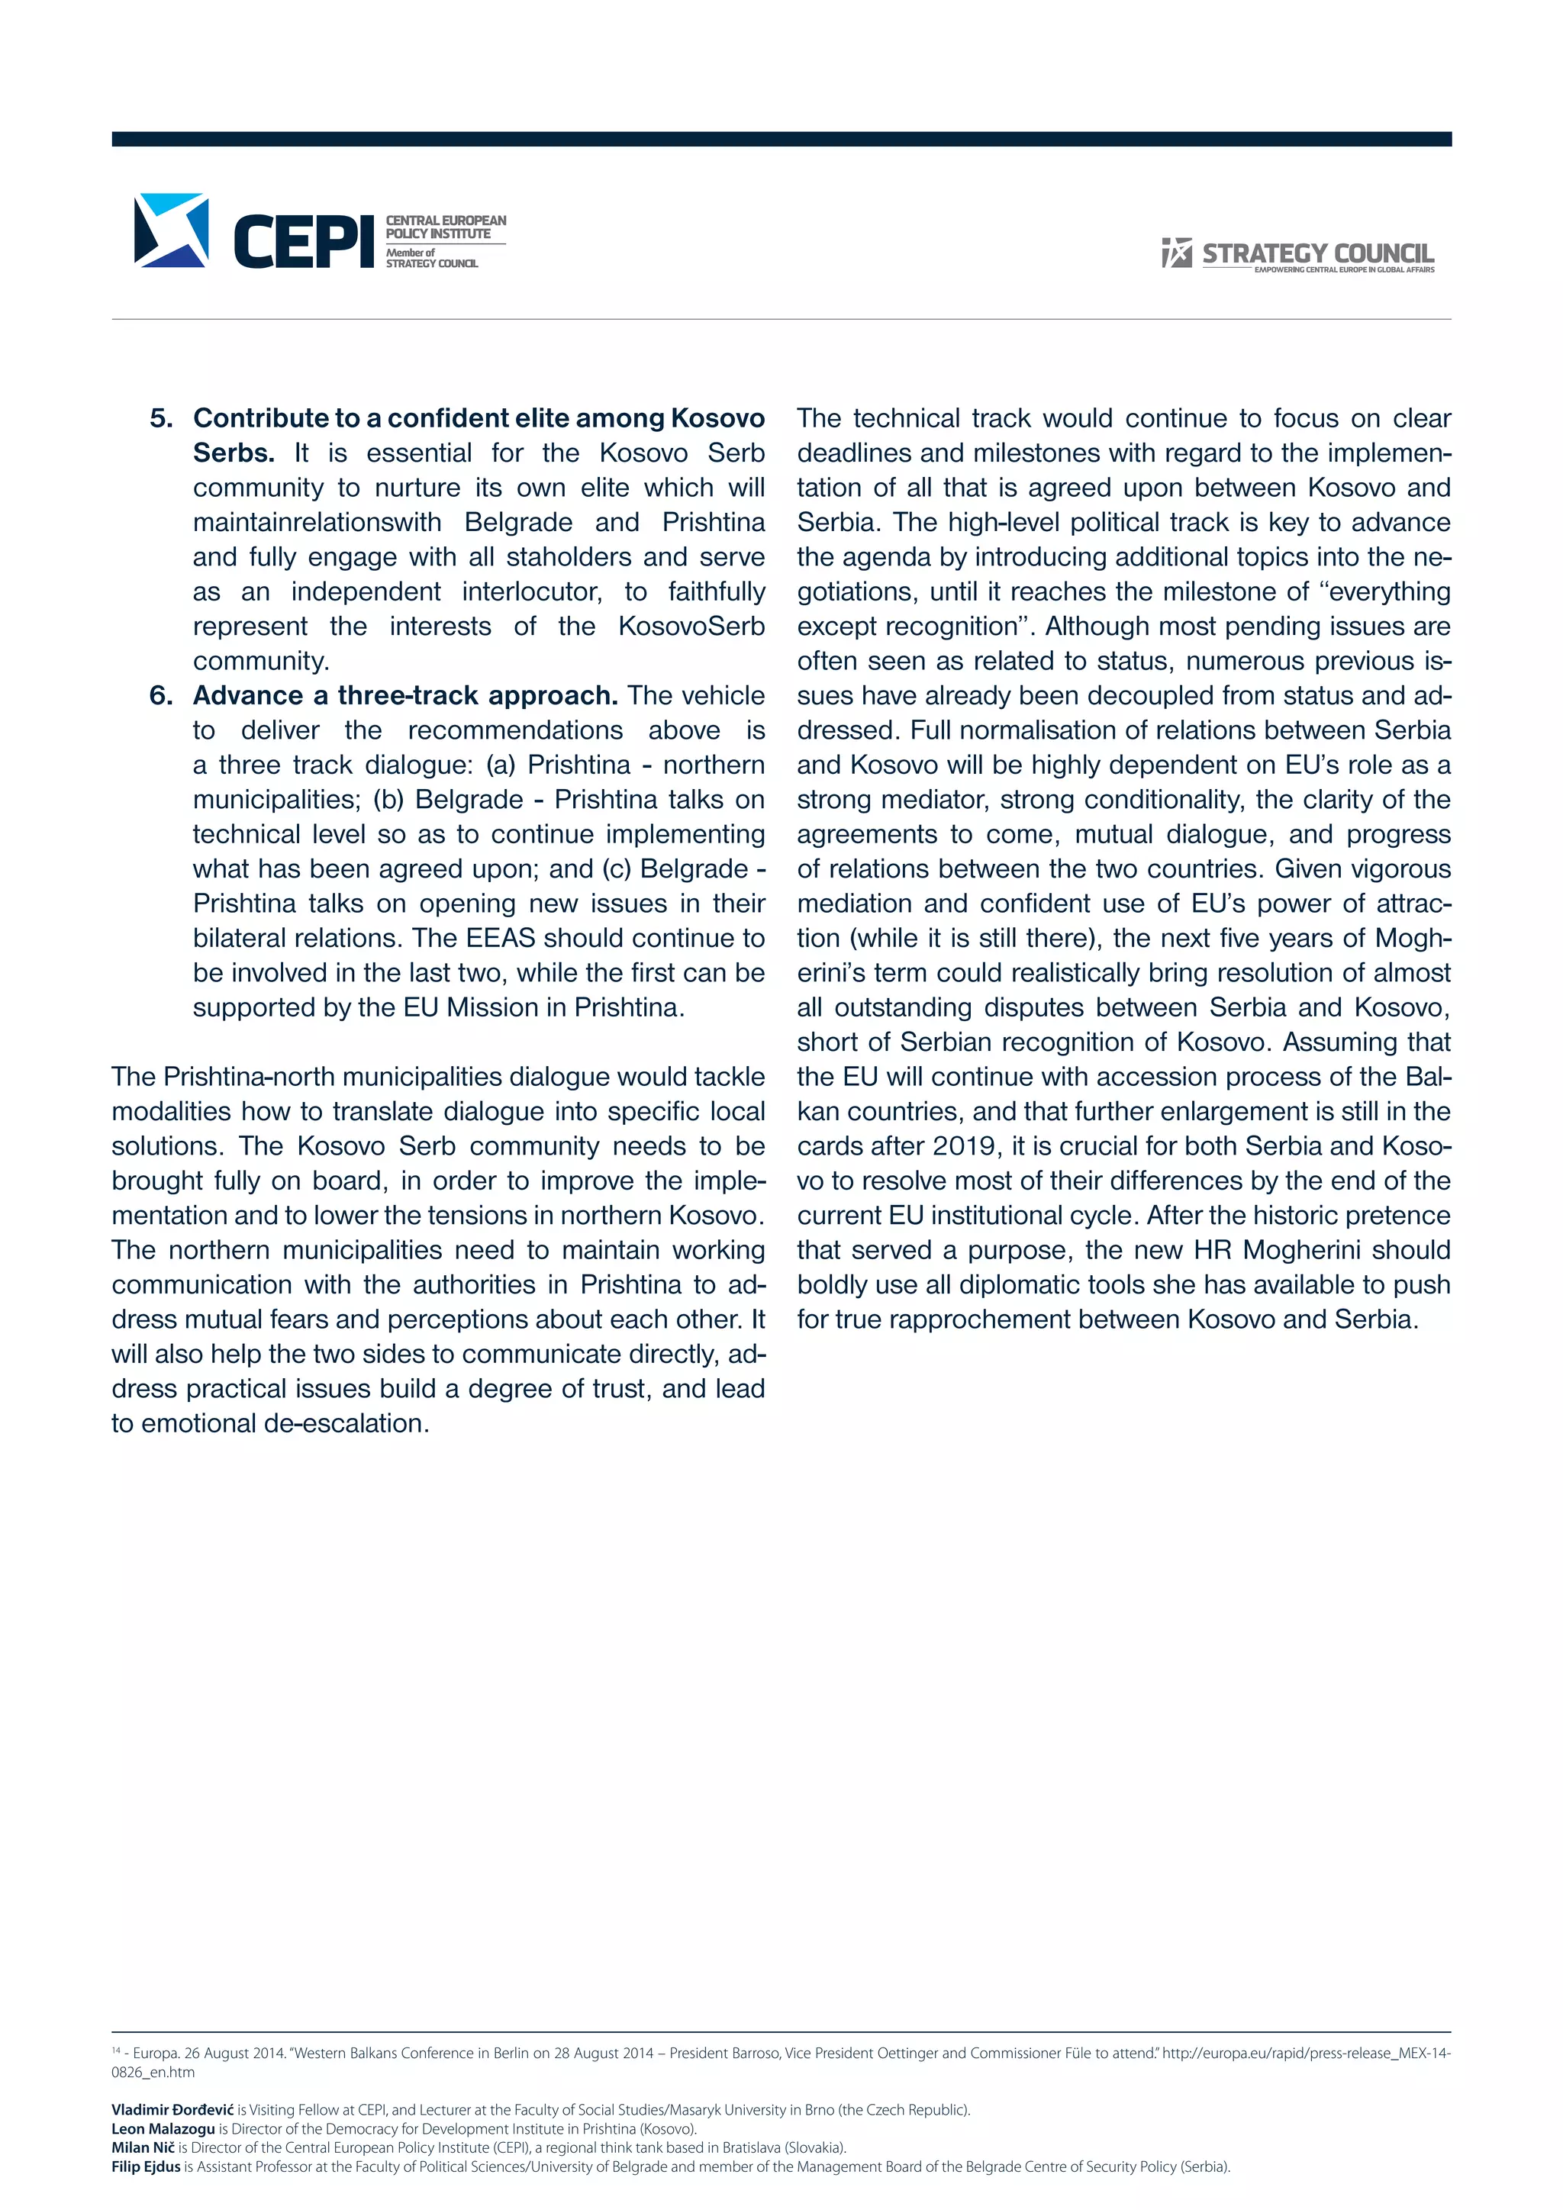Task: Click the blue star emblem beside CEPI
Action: pyautogui.click(x=171, y=230)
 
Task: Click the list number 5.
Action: pyautogui.click(x=161, y=419)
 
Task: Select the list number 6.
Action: pyautogui.click(x=161, y=696)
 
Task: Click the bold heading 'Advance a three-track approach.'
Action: pyautogui.click(x=405, y=696)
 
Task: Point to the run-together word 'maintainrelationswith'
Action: pyautogui.click(x=317, y=523)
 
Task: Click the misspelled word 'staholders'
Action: pyautogui.click(x=571, y=557)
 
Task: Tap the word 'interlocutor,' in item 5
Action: pyautogui.click(x=531, y=592)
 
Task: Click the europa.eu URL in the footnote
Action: pyautogui.click(x=1305, y=2053)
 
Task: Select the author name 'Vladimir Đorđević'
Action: pyautogui.click(x=172, y=2110)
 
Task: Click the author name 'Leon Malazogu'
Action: pyautogui.click(x=163, y=2129)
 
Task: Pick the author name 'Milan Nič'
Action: pyautogui.click(x=143, y=2147)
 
